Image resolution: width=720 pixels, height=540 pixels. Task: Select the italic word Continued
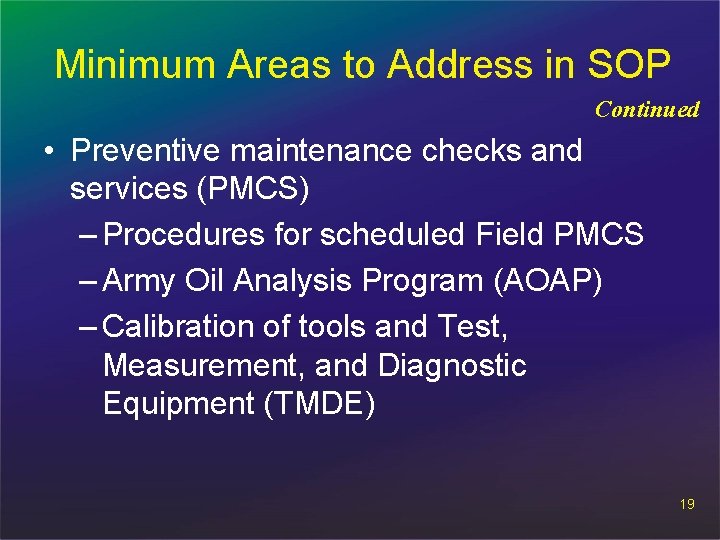pos(647,110)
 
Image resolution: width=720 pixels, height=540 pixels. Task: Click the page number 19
pos(686,504)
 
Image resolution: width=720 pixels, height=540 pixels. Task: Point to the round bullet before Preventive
pos(48,152)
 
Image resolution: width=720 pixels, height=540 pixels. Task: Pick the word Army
pos(140,281)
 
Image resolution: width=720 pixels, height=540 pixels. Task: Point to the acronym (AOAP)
pos(547,281)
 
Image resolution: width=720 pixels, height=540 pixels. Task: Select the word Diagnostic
pos(452,366)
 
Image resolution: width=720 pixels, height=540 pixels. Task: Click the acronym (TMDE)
pos(319,404)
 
